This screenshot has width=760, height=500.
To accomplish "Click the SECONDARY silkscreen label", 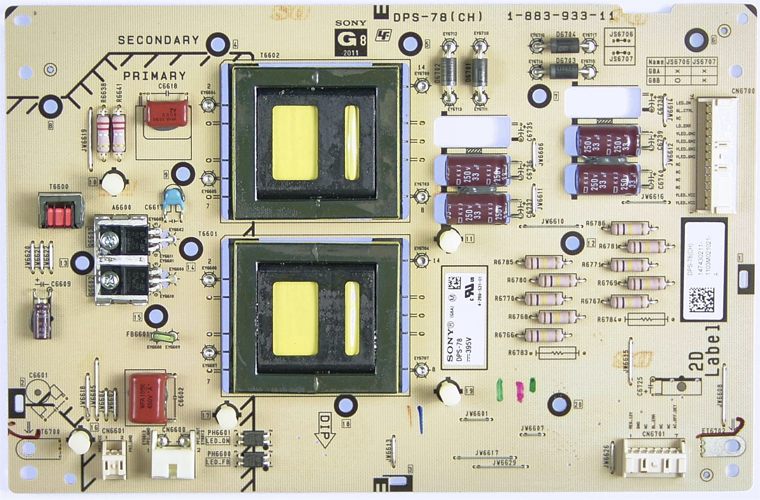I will click(x=158, y=40).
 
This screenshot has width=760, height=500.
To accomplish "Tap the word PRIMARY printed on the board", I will click(x=155, y=76).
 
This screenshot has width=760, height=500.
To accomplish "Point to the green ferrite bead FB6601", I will click(x=162, y=337).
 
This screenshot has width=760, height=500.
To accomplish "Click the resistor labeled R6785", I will click(x=544, y=262).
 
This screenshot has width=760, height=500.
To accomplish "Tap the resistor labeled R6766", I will click(x=544, y=335).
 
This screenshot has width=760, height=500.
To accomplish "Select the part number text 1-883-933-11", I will click(x=561, y=16).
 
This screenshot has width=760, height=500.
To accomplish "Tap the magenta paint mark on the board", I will click(x=519, y=390).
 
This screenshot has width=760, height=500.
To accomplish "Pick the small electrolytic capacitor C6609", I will click(x=42, y=313).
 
